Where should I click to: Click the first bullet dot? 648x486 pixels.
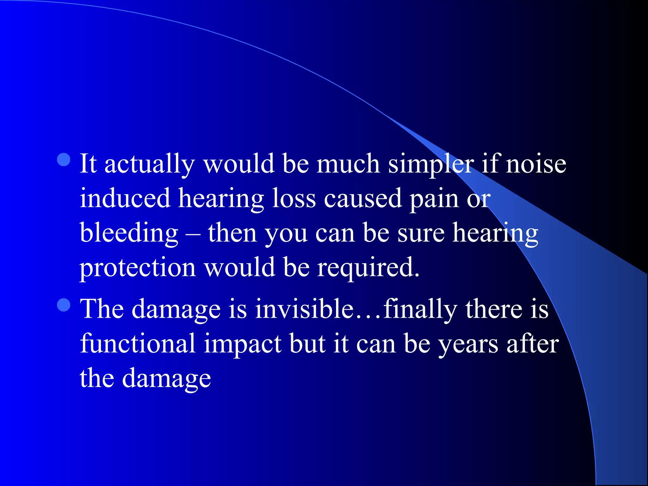click(64, 160)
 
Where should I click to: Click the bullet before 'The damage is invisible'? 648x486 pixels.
click(64, 305)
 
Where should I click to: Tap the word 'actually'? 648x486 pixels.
click(149, 165)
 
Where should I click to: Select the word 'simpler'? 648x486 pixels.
click(431, 165)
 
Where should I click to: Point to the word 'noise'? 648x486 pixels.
click(536, 165)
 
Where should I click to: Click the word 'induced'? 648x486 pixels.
click(125, 199)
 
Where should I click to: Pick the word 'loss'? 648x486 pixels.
click(294, 199)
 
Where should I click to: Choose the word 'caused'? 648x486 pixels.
click(363, 199)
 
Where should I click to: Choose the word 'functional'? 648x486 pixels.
click(138, 344)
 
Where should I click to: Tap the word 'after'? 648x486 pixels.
click(533, 344)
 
